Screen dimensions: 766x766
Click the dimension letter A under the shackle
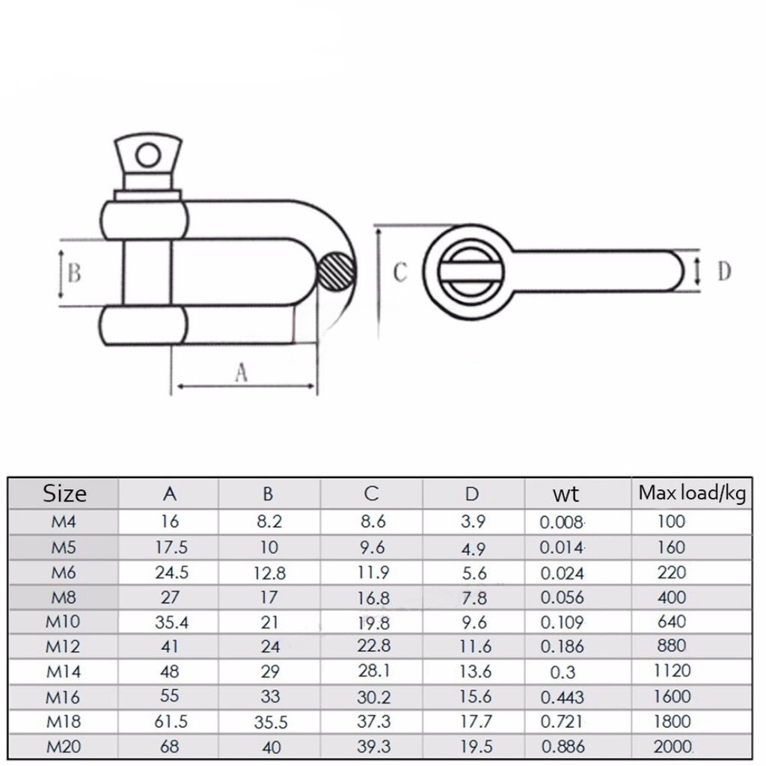tap(242, 373)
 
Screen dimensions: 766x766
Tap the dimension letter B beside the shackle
tap(74, 273)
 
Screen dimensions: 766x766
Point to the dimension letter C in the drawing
tap(400, 272)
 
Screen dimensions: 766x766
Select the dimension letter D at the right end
tap(724, 271)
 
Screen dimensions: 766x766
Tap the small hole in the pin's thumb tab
tap(148, 156)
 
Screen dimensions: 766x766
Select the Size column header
tap(64, 494)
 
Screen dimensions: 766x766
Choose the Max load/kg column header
tap(692, 494)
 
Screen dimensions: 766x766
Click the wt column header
tap(566, 494)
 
